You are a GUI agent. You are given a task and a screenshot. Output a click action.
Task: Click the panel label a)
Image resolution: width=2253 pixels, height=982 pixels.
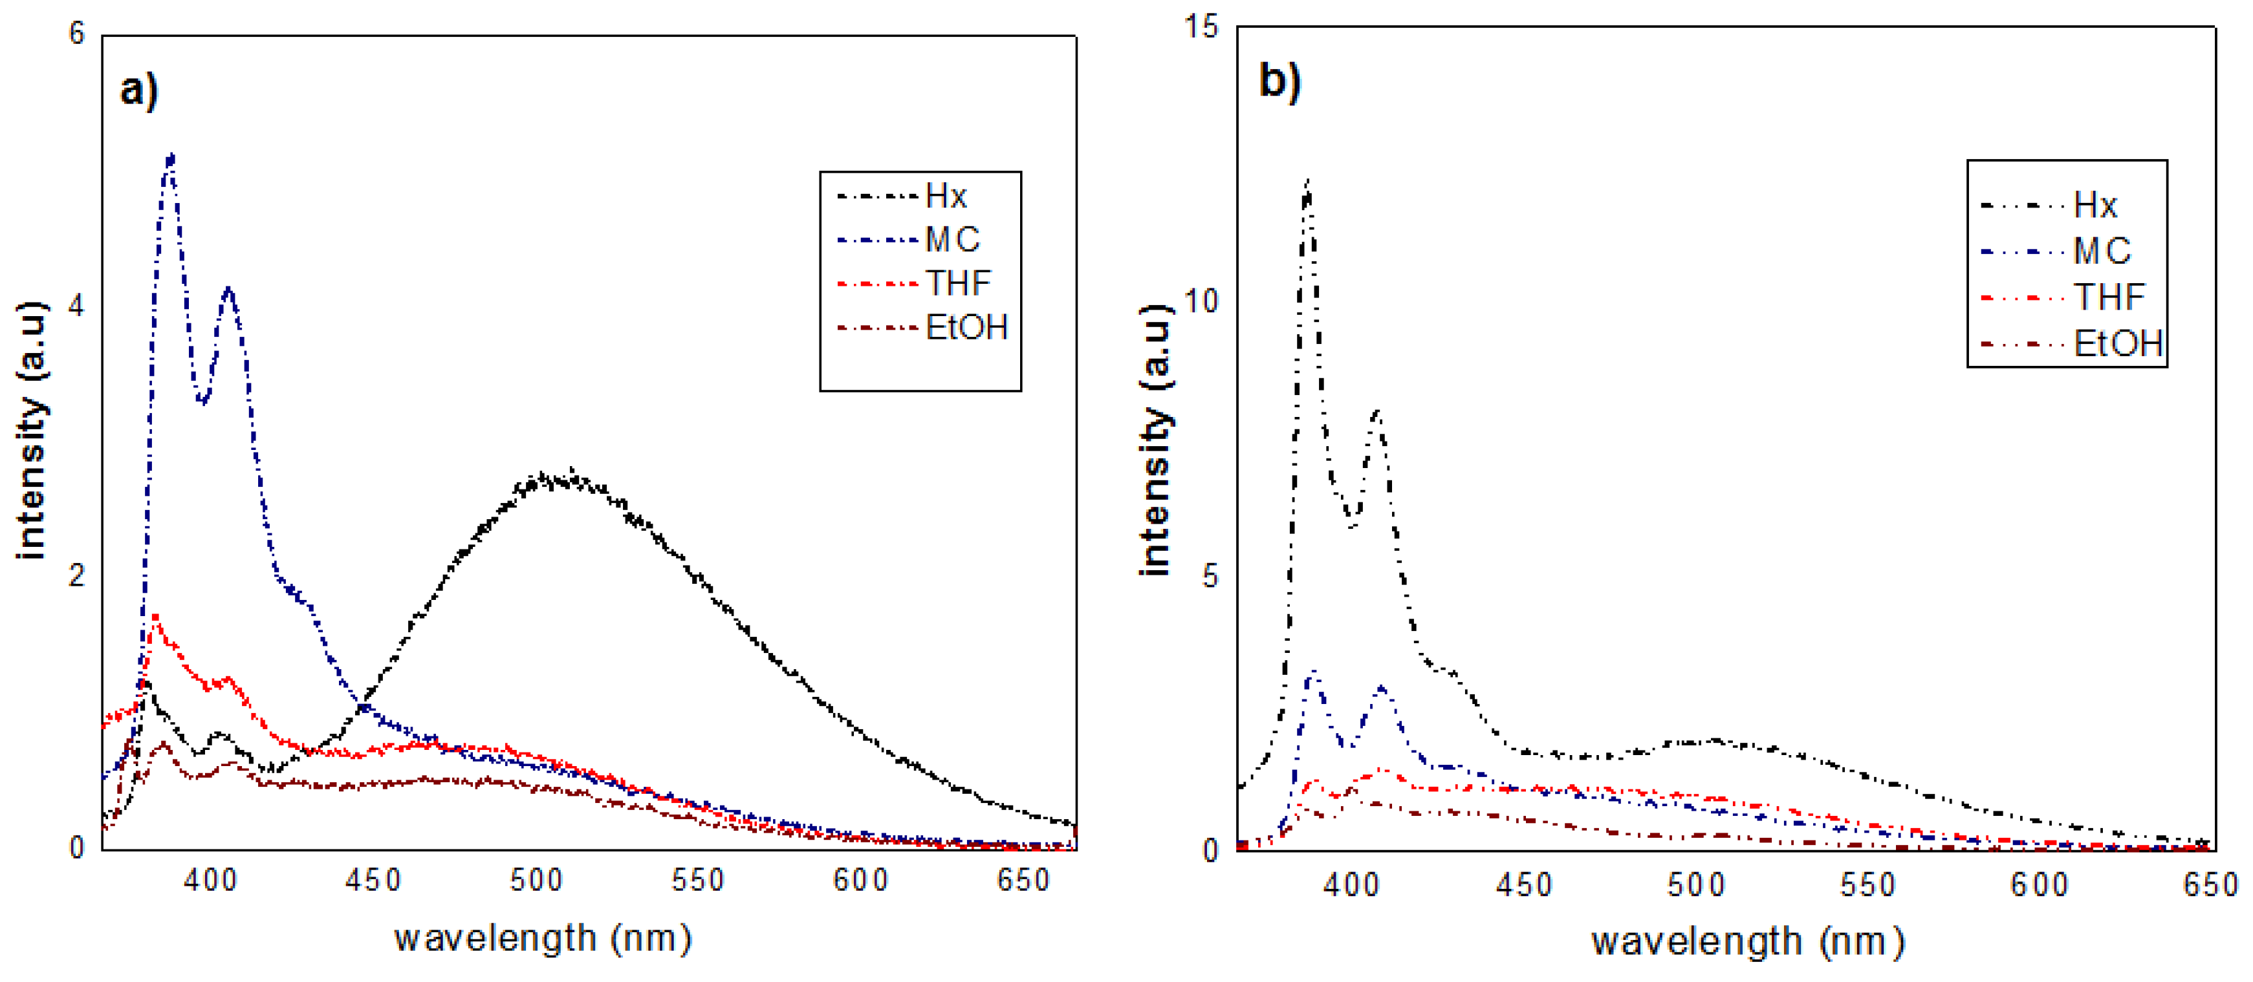[x=138, y=89]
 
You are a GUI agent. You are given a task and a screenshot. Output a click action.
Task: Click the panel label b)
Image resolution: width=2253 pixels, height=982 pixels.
[x=1279, y=81]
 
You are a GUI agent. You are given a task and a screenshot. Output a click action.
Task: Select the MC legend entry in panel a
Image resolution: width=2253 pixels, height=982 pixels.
[x=952, y=240]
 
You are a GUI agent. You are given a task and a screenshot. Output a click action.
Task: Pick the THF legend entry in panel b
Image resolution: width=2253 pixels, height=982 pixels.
[x=2109, y=297]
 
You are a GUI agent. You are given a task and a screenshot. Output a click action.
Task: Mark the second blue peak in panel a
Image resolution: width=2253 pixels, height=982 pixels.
[x=228, y=290]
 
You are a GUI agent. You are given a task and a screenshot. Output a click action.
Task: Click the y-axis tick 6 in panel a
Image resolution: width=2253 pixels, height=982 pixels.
[x=77, y=34]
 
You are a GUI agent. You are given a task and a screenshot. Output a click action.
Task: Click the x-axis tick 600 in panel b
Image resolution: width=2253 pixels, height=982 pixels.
[x=2040, y=885]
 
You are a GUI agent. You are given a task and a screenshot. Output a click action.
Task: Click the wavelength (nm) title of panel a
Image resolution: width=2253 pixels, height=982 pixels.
[x=542, y=938]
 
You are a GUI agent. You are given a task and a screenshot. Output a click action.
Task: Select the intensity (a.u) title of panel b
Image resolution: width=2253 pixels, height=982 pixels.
[x=1155, y=440]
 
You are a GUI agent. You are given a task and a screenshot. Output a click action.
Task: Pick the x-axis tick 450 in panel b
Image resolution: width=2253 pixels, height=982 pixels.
[x=1523, y=885]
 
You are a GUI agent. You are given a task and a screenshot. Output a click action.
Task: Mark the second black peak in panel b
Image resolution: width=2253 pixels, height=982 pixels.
[x=1377, y=412]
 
